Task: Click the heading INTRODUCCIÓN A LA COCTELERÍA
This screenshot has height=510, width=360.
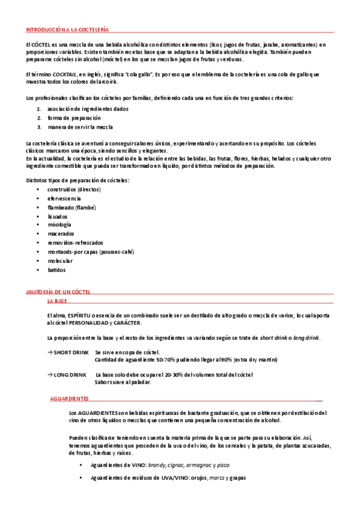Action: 67,29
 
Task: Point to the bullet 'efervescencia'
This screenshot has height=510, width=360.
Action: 65,198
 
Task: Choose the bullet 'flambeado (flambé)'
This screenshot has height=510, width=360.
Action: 72,207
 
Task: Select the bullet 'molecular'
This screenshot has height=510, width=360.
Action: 61,261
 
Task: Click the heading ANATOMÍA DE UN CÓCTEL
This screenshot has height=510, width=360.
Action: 58,292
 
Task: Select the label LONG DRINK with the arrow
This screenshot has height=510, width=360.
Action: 69,375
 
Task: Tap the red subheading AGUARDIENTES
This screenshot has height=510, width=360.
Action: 70,398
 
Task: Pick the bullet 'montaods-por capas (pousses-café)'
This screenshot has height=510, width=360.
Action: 91,252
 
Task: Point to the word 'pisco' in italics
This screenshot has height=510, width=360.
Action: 222,465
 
